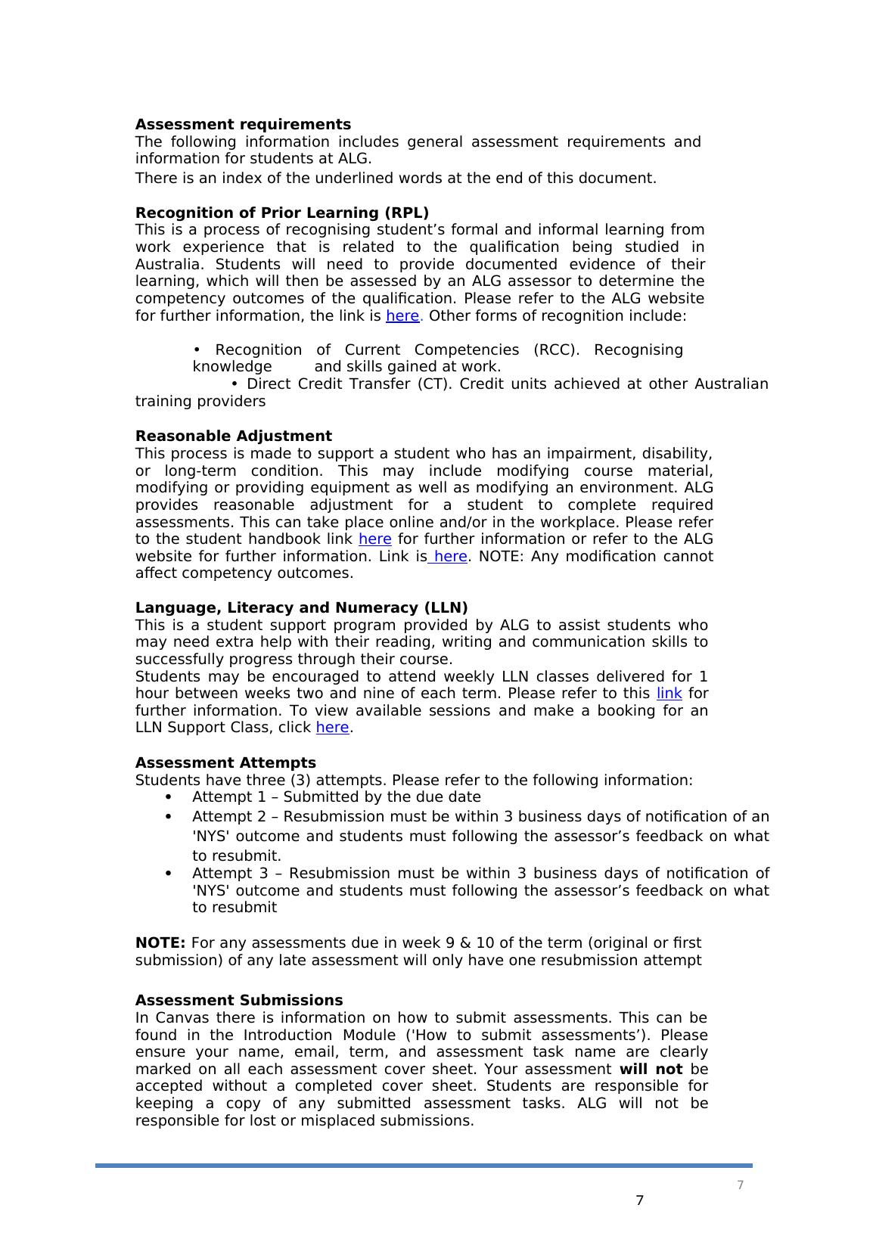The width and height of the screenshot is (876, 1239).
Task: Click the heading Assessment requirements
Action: point(243,124)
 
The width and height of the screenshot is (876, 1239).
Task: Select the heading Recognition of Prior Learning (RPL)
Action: point(281,213)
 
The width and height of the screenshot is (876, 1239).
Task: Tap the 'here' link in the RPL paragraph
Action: point(402,316)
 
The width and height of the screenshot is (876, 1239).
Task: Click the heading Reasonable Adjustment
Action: point(233,436)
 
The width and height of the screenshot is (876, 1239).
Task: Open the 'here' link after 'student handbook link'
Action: point(374,539)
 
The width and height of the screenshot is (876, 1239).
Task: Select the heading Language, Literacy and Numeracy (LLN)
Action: point(301,608)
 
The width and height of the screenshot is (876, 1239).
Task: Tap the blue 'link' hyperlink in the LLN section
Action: point(669,694)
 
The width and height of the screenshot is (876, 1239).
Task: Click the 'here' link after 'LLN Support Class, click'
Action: point(332,728)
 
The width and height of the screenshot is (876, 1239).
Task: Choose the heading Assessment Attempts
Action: point(225,762)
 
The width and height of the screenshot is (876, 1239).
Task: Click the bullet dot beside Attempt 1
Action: point(168,797)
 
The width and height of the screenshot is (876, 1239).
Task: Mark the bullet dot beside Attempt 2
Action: point(168,817)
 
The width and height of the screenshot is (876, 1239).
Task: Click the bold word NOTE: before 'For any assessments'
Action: point(160,943)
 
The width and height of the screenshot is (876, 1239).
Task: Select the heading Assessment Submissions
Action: point(238,1000)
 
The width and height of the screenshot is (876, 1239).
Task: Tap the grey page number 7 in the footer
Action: point(740,1185)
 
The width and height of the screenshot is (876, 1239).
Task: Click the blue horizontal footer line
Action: point(424,1166)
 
